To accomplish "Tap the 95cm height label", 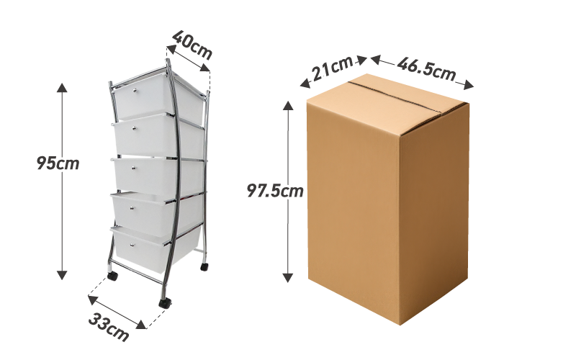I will click(58, 163).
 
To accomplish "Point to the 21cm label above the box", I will click(332, 69).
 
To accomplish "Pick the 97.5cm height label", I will click(274, 192).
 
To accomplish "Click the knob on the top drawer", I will click(135, 91).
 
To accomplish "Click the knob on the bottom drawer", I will click(135, 244).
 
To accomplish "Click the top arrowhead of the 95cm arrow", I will click(62, 88).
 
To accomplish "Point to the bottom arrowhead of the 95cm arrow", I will click(62, 274).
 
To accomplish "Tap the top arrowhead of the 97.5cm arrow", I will click(289, 105).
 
